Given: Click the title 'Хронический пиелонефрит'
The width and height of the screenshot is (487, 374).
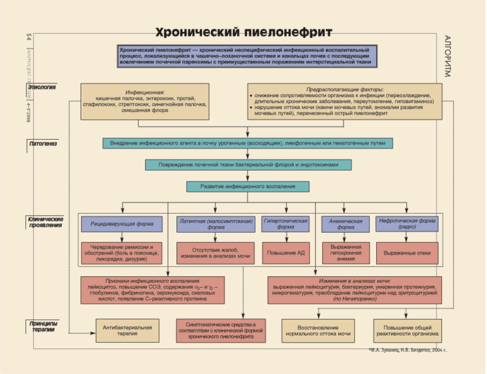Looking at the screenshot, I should (244, 32).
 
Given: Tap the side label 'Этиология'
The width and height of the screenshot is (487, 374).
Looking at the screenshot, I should (42, 87).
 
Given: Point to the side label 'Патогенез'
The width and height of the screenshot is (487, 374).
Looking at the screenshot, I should (43, 144).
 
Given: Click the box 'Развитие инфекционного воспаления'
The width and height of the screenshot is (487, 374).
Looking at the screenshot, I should (247, 186).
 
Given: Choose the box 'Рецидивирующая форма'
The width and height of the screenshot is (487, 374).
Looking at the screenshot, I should (122, 224).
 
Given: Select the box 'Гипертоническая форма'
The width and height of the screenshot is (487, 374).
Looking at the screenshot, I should (285, 224).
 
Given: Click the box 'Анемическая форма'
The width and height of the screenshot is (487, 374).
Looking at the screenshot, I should (345, 224).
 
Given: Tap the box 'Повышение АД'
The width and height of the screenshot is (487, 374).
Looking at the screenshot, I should (286, 253).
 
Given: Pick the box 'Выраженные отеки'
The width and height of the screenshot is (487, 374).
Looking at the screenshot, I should (407, 253).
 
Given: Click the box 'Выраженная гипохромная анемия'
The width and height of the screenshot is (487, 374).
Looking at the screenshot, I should (346, 253).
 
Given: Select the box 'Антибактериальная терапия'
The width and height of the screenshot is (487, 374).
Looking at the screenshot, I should (127, 331).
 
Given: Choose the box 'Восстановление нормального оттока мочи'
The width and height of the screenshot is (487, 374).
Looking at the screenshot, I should (318, 331).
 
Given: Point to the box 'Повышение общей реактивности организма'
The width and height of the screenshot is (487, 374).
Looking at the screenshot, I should (407, 331).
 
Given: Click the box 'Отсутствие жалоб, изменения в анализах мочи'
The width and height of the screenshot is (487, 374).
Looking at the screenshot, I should (215, 253).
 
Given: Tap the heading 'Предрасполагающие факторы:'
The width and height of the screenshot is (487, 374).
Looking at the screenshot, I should (345, 90).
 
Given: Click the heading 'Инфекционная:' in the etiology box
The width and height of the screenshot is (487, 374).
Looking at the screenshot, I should (145, 92).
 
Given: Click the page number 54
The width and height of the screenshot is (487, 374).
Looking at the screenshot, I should (28, 37).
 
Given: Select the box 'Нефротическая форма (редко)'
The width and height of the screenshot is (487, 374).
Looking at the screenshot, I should (407, 224).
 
